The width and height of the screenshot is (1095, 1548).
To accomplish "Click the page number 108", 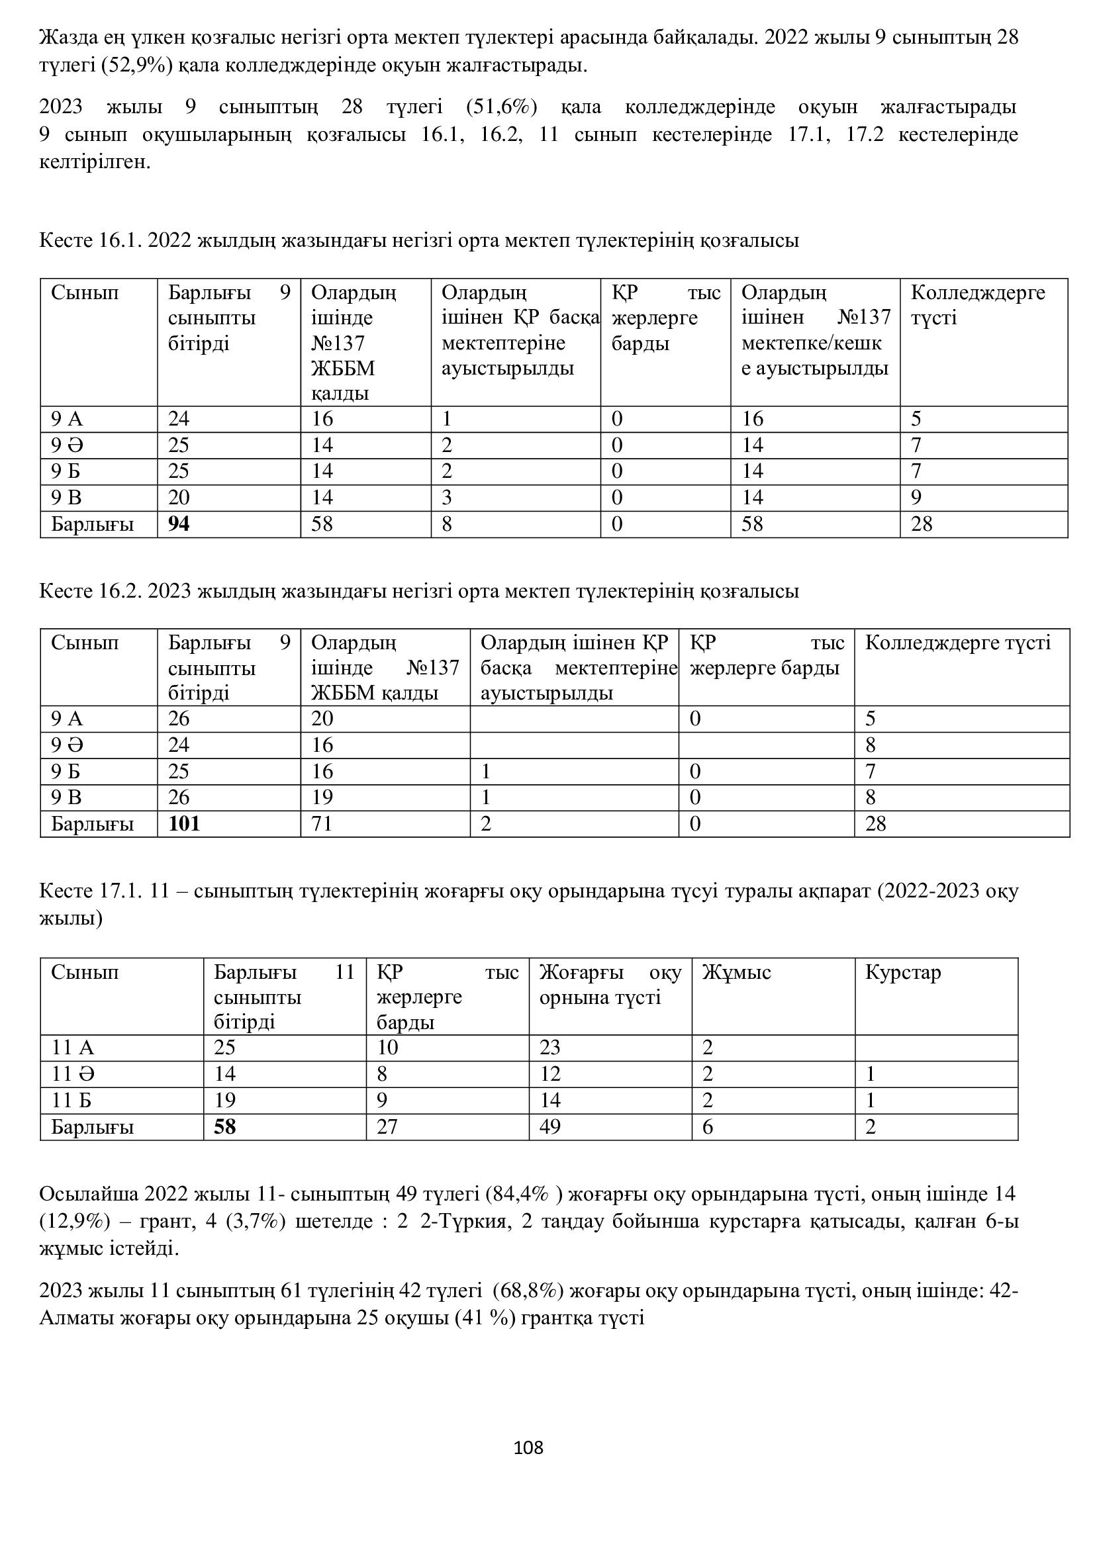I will (x=528, y=1447).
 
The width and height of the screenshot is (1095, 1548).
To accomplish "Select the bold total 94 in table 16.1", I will (x=179, y=524).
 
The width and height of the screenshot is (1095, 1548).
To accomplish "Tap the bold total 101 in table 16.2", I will (x=184, y=823).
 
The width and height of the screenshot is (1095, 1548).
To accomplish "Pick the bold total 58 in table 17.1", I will (x=224, y=1126).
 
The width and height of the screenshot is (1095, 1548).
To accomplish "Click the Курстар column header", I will (x=902, y=972).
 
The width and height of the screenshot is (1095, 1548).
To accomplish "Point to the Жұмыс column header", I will (x=736, y=972).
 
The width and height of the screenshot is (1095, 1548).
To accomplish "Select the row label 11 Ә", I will (x=73, y=1074).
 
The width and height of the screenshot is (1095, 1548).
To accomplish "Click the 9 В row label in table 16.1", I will (x=67, y=498).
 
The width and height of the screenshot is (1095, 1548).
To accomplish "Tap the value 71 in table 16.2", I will (x=322, y=823).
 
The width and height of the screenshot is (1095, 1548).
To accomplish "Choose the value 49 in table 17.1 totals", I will (x=549, y=1126).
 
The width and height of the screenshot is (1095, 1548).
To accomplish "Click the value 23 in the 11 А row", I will (x=549, y=1048).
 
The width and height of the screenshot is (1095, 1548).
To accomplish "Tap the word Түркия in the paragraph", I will (x=472, y=1221).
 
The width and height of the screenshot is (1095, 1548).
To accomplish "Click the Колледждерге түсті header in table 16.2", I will (x=957, y=643).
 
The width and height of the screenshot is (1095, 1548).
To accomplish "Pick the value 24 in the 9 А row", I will (x=179, y=419).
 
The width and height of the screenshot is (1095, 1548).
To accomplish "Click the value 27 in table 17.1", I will (x=387, y=1126).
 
